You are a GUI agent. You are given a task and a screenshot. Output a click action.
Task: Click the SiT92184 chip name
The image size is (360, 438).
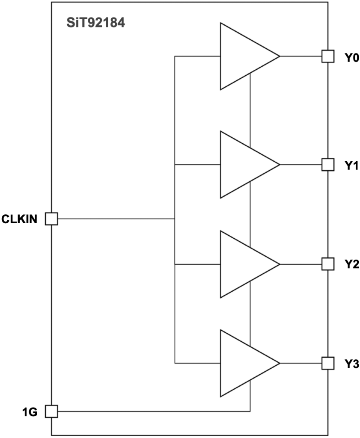pyautogui.click(x=95, y=23)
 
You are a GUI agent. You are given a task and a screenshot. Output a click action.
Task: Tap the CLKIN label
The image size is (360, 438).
pyautogui.click(x=19, y=219)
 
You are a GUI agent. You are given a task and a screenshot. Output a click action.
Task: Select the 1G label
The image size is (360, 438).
pyautogui.click(x=30, y=412)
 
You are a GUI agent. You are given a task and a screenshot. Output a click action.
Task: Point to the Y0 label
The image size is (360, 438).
pyautogui.click(x=351, y=58)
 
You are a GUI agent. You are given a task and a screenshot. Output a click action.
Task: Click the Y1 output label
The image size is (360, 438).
pyautogui.click(x=351, y=166)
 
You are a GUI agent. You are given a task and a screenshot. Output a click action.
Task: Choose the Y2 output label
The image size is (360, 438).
pyautogui.click(x=351, y=264)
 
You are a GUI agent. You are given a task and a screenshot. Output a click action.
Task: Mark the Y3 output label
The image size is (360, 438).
pyautogui.click(x=351, y=364)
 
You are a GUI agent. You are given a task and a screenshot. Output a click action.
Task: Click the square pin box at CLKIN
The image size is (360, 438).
pyautogui.click(x=51, y=219)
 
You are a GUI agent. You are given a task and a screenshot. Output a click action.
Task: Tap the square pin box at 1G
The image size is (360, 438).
pyautogui.click(x=51, y=411)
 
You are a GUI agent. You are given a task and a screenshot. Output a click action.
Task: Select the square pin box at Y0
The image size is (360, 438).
pyautogui.click(x=328, y=56)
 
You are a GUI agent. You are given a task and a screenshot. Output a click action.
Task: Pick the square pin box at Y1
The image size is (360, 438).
pyautogui.click(x=328, y=165)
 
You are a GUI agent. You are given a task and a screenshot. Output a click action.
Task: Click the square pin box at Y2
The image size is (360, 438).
pyautogui.click(x=328, y=264)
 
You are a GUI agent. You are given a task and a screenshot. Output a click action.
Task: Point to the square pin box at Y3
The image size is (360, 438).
pyautogui.click(x=328, y=363)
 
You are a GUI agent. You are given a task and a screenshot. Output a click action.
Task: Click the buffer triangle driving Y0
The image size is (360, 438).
pyautogui.click(x=241, y=56)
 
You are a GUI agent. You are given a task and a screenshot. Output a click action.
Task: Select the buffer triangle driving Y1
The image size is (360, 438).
pyautogui.click(x=241, y=165)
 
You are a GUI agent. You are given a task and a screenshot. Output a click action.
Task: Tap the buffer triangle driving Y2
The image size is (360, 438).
pyautogui.click(x=241, y=264)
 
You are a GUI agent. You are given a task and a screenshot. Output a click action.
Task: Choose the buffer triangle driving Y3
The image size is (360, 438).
pyautogui.click(x=241, y=363)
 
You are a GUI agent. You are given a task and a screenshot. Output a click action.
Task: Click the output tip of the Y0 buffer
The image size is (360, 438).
pyautogui.click(x=280, y=56)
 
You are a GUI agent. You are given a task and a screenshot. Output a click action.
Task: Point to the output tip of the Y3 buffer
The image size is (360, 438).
pyautogui.click(x=280, y=363)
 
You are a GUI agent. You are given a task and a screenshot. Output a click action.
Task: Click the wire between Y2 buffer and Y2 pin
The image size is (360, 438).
pyautogui.click(x=301, y=264)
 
